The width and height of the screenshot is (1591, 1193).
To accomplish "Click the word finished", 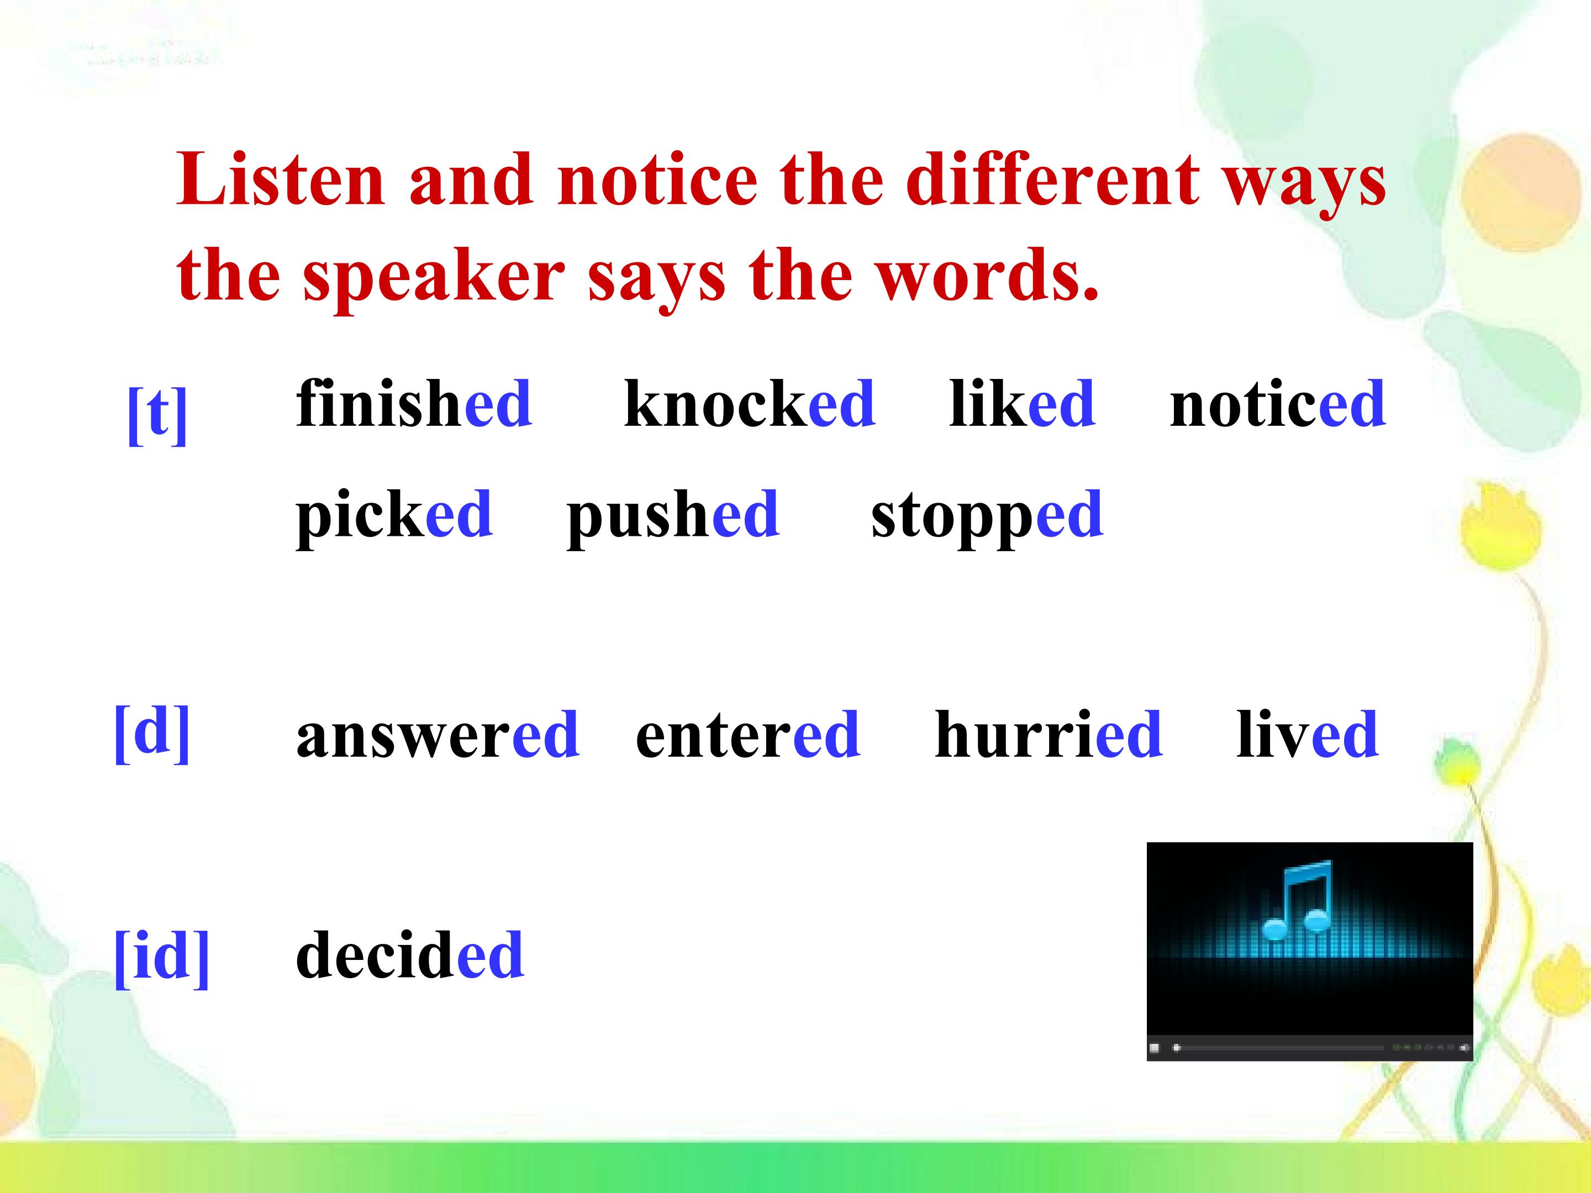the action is [x=414, y=403].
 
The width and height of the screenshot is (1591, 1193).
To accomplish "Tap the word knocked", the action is [x=750, y=403].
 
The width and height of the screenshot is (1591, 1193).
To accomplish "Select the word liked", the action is [x=1022, y=403].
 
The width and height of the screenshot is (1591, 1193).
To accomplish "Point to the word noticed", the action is [x=1277, y=403].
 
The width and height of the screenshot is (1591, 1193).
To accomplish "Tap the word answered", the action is [x=438, y=733].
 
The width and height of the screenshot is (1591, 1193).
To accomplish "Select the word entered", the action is [x=748, y=733].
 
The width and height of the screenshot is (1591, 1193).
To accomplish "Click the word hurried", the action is [x=1049, y=733].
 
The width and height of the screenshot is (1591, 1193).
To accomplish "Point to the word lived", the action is [x=1307, y=733].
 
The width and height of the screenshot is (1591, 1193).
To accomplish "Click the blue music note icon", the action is [x=1297, y=900].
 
